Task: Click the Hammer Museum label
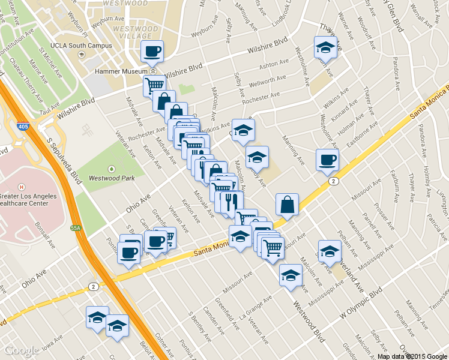(118, 70)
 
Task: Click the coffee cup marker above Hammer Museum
(152, 51)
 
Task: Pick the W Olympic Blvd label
(361, 305)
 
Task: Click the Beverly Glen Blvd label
(399, 18)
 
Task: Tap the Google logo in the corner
(22, 350)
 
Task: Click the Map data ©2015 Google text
(412, 356)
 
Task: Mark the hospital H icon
(21, 187)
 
